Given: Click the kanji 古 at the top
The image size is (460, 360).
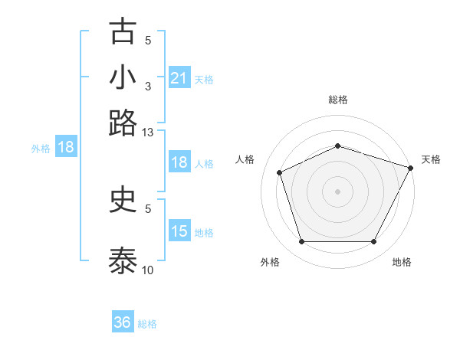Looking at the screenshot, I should pyautogui.click(x=123, y=32).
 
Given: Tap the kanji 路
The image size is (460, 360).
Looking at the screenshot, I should pyautogui.click(x=123, y=123).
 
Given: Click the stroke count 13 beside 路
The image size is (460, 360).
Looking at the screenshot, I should pyautogui.click(x=148, y=133).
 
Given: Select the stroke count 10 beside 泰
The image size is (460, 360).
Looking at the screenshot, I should pyautogui.click(x=148, y=270).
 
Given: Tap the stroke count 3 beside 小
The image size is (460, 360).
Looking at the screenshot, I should pyautogui.click(x=148, y=86).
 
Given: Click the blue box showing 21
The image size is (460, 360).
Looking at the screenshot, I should pyautogui.click(x=179, y=77).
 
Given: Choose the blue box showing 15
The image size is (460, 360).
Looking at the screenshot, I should pyautogui.click(x=179, y=231).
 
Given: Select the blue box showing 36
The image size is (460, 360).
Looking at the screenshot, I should pyautogui.click(x=123, y=322).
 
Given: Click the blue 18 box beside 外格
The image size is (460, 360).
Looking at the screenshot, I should pyautogui.click(x=66, y=148).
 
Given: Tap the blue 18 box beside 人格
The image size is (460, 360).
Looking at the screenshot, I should pyautogui.click(x=179, y=162).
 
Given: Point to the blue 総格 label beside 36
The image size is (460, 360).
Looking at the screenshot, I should pyautogui.click(x=147, y=324).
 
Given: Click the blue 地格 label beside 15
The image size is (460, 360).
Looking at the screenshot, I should pyautogui.click(x=204, y=232).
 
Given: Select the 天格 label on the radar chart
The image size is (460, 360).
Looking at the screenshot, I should pyautogui.click(x=431, y=159).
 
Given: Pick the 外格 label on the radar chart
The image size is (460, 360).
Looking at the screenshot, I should pyautogui.click(x=270, y=262).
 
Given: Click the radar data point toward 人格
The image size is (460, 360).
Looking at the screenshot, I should pyautogui.click(x=281, y=172).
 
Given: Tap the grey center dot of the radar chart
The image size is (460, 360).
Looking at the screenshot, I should pyautogui.click(x=337, y=191).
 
